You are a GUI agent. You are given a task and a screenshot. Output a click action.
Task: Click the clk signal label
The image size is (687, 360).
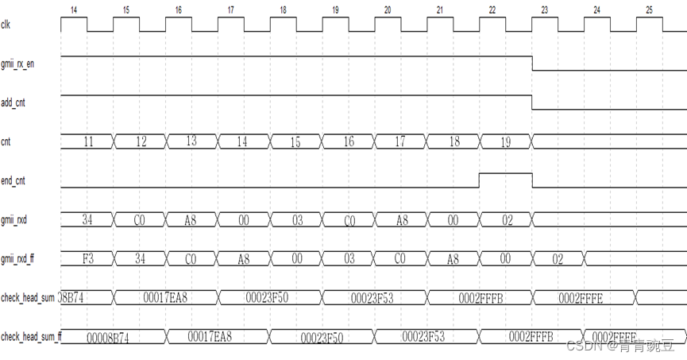(x=6, y=24)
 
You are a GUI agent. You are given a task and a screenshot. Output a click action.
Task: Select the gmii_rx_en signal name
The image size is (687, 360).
(x=17, y=64)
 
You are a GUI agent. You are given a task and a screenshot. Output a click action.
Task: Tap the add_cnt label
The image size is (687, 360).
(x=14, y=103)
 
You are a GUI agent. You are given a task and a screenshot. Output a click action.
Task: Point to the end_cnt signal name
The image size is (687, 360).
(x=14, y=180)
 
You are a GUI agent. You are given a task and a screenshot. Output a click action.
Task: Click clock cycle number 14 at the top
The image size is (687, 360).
(x=73, y=10)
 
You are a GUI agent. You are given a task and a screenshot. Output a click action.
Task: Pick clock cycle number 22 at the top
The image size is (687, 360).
(x=492, y=10)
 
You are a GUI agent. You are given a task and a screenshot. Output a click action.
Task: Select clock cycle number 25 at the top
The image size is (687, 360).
(x=649, y=10)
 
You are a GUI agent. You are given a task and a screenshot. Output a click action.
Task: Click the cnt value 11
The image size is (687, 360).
(x=88, y=141)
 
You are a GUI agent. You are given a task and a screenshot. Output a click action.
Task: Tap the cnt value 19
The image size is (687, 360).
(x=506, y=142)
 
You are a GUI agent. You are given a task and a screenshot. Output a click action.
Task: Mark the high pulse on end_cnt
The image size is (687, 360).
(x=505, y=174)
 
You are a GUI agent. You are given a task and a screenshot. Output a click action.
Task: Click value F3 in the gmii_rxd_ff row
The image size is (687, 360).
(x=88, y=258)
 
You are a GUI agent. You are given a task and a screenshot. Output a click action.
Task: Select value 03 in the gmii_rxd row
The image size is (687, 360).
(x=296, y=220)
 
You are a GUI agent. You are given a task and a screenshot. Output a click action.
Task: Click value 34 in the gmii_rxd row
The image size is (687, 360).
(x=88, y=219)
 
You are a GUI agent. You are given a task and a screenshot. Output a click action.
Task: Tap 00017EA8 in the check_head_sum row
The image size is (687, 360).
(x=165, y=297)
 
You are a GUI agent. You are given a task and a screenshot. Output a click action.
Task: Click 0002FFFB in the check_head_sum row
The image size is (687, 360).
(x=481, y=297)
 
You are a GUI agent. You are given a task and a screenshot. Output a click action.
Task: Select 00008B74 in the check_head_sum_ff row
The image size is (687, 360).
(x=108, y=338)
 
